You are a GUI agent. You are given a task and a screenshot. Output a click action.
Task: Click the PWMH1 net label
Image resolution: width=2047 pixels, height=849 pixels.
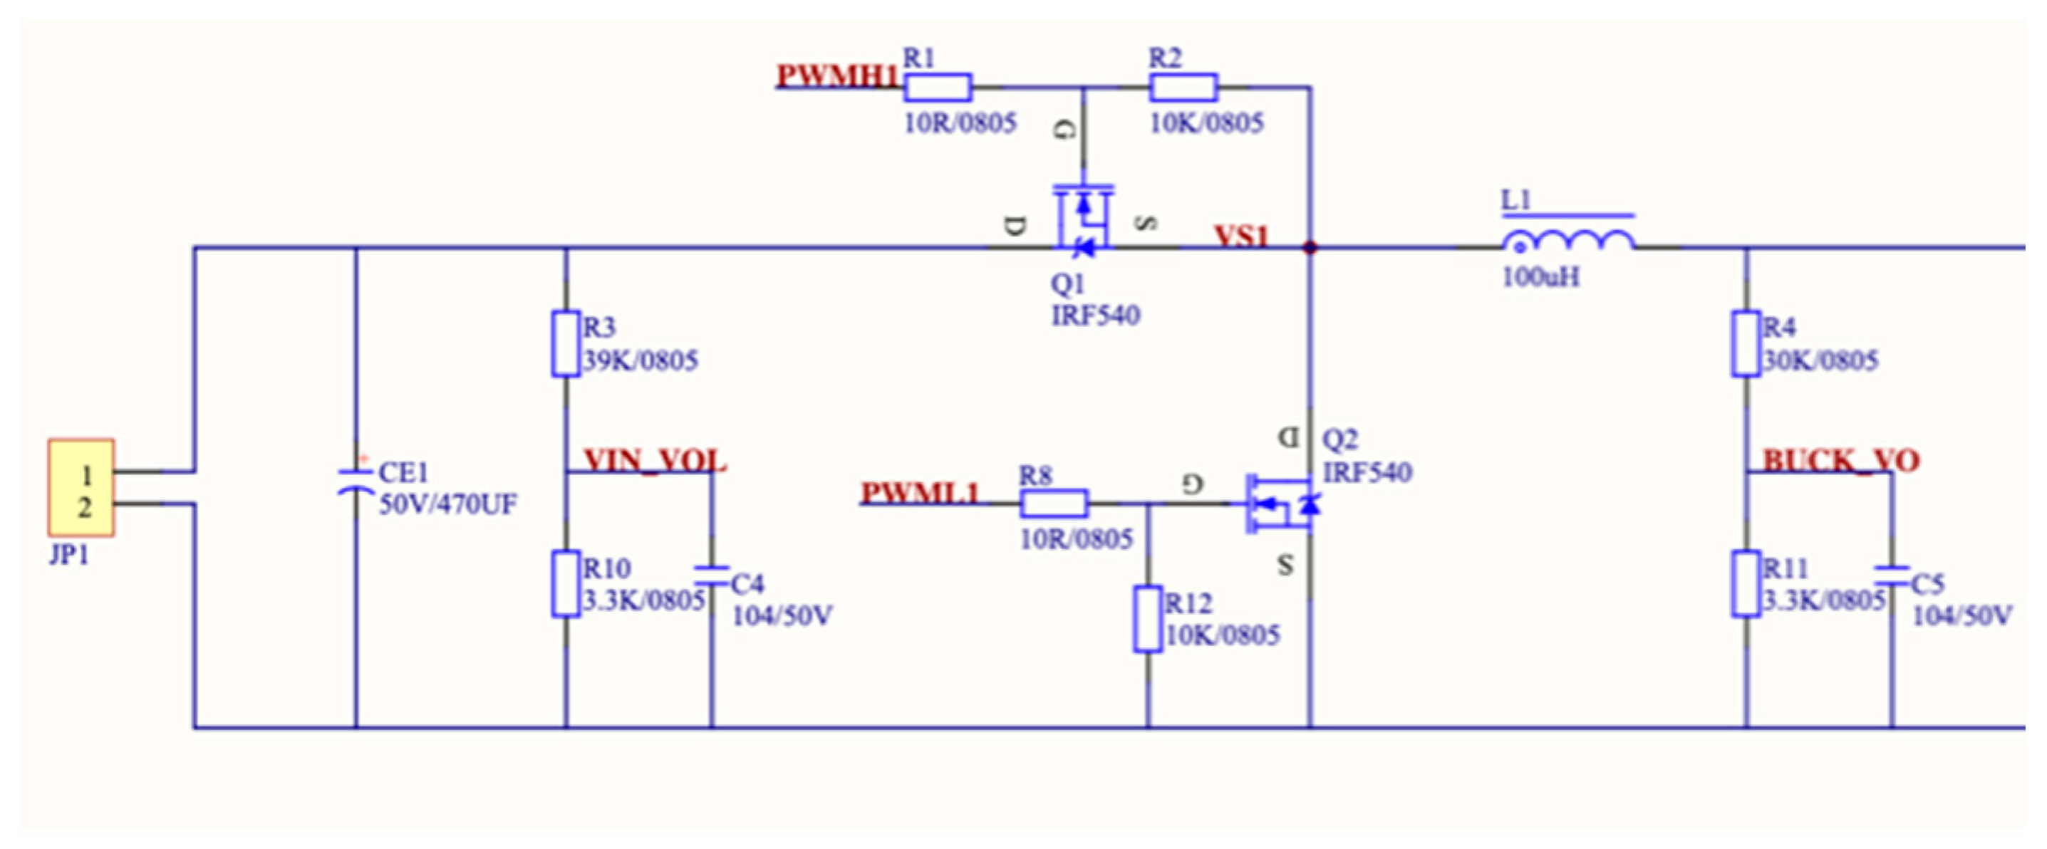pos(836,76)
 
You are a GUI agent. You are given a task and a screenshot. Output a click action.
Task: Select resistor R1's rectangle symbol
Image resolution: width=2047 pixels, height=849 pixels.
pos(937,88)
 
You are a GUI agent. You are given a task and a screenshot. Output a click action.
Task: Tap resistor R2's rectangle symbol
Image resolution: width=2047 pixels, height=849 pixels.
pos(1183,88)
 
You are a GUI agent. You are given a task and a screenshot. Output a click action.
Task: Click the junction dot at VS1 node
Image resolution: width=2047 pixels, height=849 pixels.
pos(1310,248)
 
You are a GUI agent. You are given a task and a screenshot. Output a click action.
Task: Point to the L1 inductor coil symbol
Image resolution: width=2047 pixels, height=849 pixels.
pos(1567,240)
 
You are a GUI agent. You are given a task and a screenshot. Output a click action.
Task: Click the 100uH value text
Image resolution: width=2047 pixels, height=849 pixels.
pos(1540,277)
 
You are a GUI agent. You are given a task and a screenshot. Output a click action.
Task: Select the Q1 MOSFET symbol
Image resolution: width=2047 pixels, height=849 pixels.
pos(1083,221)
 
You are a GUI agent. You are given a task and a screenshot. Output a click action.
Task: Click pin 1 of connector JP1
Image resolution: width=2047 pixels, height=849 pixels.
pos(85,475)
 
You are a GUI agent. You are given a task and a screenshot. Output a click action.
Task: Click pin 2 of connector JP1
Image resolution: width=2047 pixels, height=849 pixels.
pos(85,506)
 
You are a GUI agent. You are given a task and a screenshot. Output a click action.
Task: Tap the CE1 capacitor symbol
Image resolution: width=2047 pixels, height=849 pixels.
pos(356,481)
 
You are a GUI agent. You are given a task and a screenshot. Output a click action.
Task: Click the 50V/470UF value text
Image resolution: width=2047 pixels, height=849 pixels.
pos(447,504)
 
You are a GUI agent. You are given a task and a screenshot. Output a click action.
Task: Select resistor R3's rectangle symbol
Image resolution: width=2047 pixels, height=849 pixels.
pos(565,344)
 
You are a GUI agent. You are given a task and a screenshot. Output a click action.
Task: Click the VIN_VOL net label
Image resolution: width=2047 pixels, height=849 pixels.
pos(654,461)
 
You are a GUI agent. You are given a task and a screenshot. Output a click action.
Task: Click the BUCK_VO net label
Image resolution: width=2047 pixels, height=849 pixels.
pos(1840,461)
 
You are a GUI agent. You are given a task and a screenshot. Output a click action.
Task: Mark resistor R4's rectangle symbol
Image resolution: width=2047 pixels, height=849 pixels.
pos(1746,344)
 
